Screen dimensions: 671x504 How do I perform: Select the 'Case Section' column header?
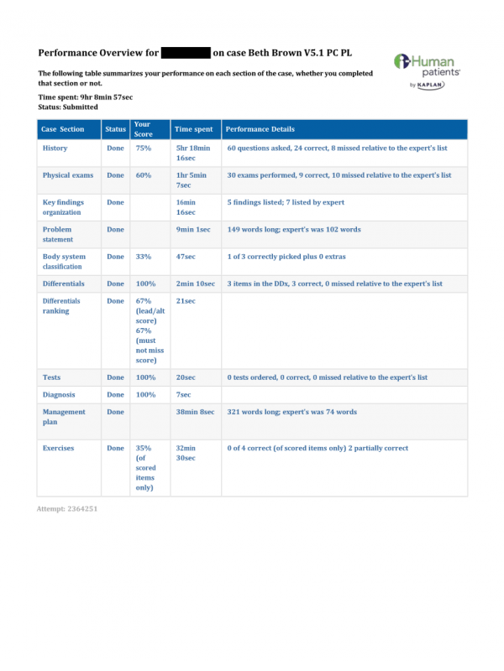click(x=64, y=129)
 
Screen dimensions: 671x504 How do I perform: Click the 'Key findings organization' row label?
click(x=62, y=207)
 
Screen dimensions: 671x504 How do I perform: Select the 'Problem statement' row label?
click(x=57, y=234)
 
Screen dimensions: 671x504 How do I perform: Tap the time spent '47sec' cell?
click(x=185, y=257)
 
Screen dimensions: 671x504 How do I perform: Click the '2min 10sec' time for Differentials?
click(x=195, y=284)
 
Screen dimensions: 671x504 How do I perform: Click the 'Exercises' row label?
click(x=58, y=448)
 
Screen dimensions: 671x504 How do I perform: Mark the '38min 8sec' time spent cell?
click(x=195, y=412)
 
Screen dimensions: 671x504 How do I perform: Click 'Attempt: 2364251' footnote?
click(x=68, y=509)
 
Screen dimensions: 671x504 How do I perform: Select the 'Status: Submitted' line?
click(x=68, y=107)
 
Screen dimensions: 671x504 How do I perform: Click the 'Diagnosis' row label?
click(x=59, y=394)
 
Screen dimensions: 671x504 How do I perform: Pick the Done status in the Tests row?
click(x=115, y=377)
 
